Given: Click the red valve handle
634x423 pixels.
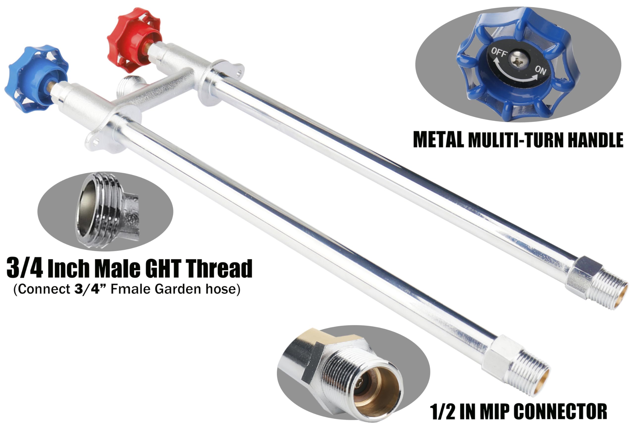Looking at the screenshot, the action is click(x=134, y=40).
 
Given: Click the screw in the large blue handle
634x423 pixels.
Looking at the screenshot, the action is click(x=517, y=62).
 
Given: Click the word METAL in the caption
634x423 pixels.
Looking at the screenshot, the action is click(x=439, y=140).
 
